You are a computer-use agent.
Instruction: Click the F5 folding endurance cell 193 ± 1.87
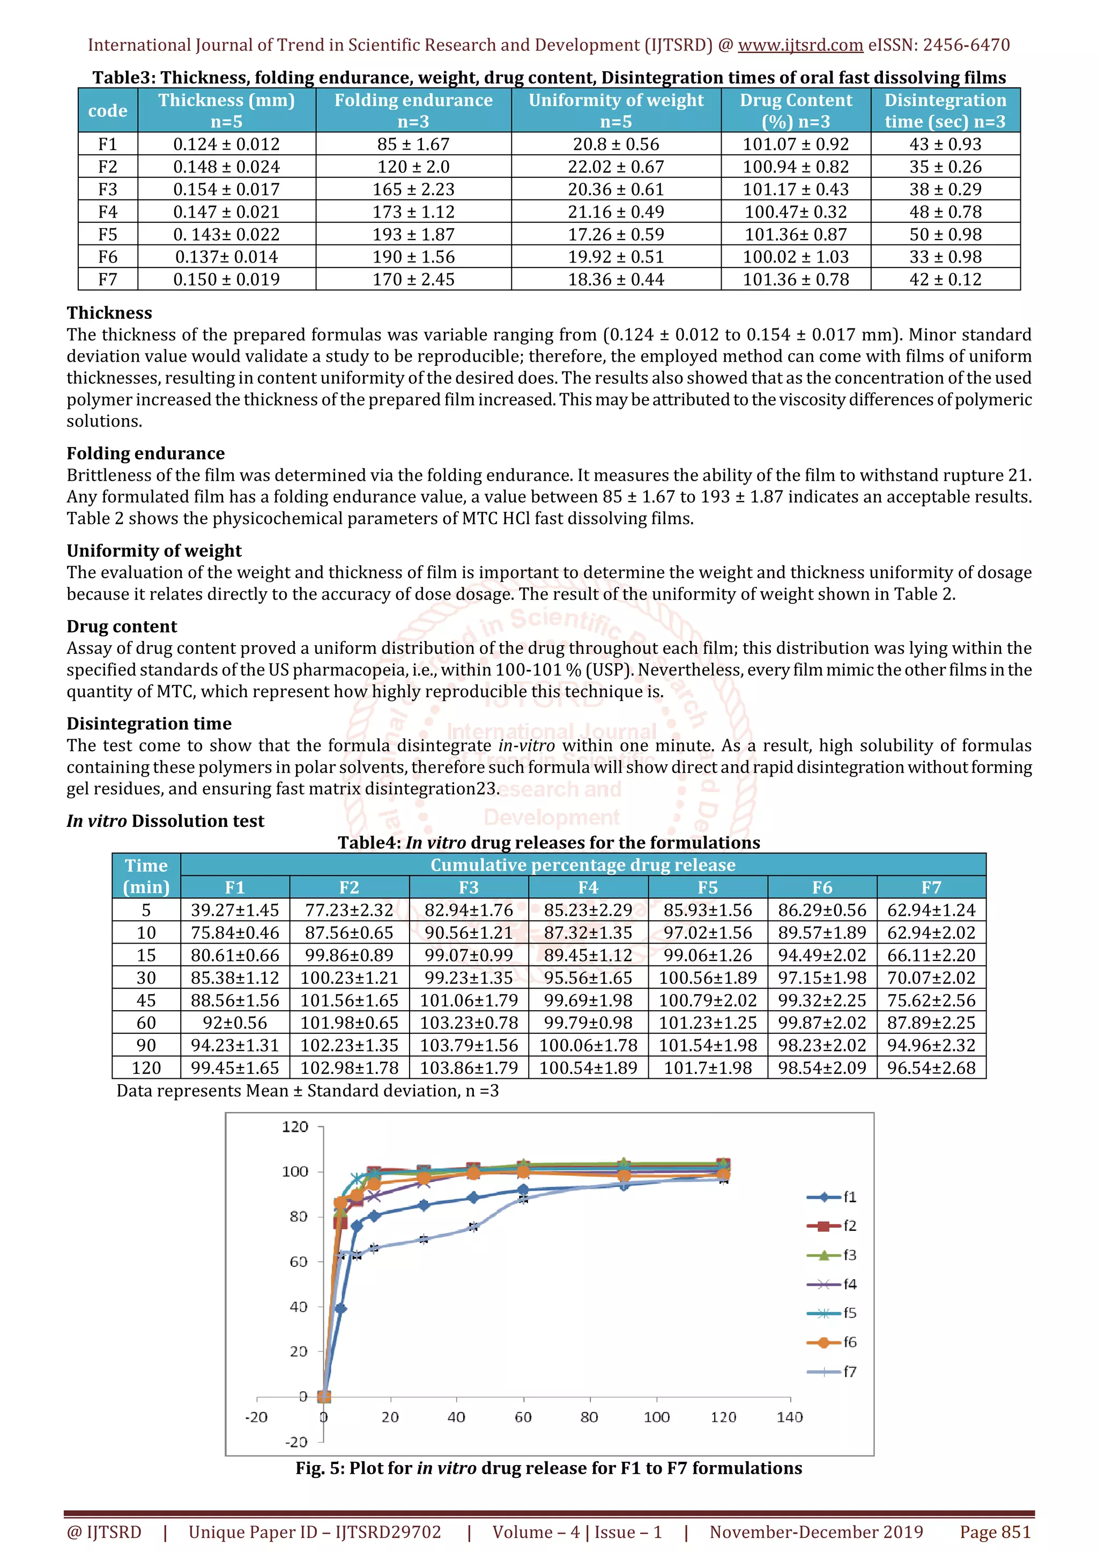(x=413, y=234)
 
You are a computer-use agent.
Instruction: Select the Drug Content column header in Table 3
(x=796, y=110)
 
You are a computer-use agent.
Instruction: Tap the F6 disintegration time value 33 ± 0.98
(x=945, y=257)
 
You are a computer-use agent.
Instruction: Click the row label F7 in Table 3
(x=108, y=279)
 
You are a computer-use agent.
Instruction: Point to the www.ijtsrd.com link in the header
(x=800, y=46)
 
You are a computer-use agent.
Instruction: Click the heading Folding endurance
(x=145, y=453)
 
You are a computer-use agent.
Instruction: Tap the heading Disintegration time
(x=149, y=724)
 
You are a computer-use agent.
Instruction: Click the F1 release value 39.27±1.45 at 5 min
(x=235, y=910)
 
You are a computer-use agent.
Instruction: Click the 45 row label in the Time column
(x=146, y=1001)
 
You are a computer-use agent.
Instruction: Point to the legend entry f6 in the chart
(x=833, y=1342)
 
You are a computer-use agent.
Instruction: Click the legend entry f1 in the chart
(x=833, y=1197)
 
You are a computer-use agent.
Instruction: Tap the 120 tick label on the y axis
(x=295, y=1127)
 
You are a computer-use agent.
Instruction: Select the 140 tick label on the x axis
(x=790, y=1417)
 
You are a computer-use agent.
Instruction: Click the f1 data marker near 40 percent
(x=341, y=1309)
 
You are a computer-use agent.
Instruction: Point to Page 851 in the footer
(x=995, y=1532)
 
